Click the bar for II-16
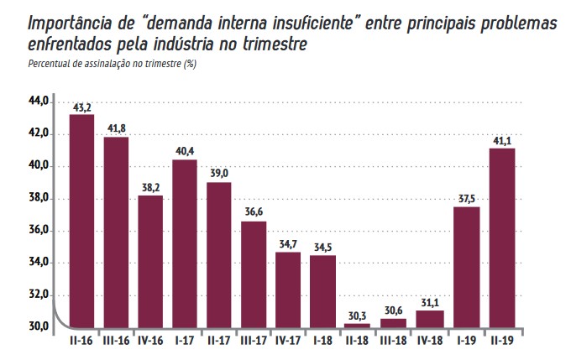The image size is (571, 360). pyautogui.click(x=81, y=221)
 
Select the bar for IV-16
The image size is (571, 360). pyautogui.click(x=150, y=261)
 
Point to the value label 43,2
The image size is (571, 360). pyautogui.click(x=81, y=107)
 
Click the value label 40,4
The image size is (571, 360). pyautogui.click(x=185, y=152)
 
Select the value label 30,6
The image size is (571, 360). pyautogui.click(x=391, y=310)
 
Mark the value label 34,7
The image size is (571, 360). pyautogui.click(x=288, y=244)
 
